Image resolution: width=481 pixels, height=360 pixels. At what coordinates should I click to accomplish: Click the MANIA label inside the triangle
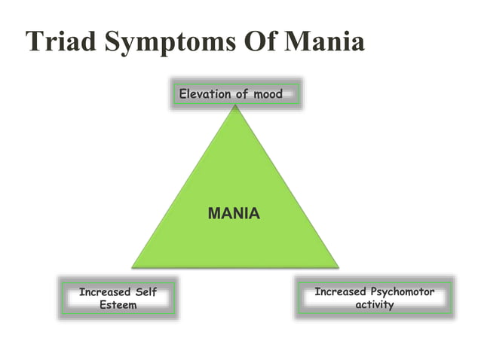pos(234,214)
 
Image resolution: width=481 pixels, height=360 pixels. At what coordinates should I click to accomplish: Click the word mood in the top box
pos(268,94)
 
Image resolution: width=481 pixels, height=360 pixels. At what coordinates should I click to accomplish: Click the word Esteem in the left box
pos(118,305)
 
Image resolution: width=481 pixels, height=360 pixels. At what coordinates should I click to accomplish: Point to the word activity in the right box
pos(375,305)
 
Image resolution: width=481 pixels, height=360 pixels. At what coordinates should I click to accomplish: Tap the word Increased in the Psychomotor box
pos(340,291)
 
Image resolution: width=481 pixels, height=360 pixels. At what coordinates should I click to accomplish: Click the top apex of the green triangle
pos(235,106)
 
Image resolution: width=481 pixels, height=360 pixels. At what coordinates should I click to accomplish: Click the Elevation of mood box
pos(235,94)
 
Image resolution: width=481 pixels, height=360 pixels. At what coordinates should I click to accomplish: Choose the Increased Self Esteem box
pos(118,298)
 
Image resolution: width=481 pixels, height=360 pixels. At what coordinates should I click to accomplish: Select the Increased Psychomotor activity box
pos(375,298)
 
